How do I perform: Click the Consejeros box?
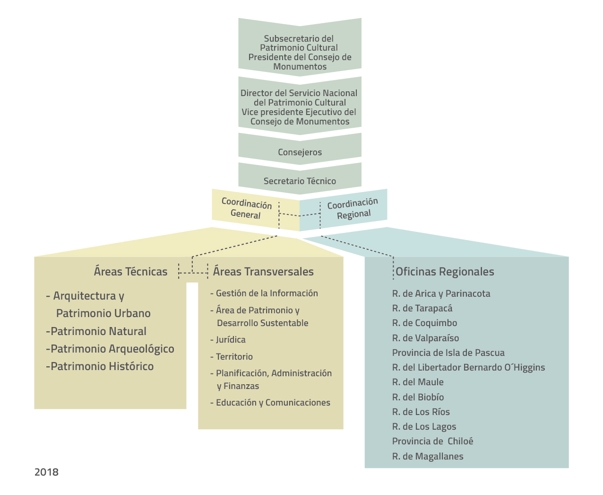[x=300, y=152]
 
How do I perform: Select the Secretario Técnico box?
[x=300, y=181]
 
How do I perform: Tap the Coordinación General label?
[x=246, y=209]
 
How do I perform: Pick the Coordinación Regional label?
[x=353, y=209]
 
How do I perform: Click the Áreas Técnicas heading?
[x=130, y=272]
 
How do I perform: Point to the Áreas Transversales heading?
[x=263, y=272]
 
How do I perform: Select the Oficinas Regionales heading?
[x=445, y=272]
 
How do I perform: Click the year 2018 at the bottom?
[x=46, y=472]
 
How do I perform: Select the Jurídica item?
[x=230, y=340]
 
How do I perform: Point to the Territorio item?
[x=234, y=357]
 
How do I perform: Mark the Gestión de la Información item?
[x=267, y=293]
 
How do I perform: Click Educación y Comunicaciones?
[x=273, y=403]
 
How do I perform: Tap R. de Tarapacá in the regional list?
[x=422, y=309]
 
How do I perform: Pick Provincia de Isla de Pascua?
[x=448, y=353]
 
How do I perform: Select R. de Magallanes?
[x=428, y=456]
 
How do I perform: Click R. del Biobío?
[x=418, y=397]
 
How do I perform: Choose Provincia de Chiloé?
[x=432, y=441]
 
